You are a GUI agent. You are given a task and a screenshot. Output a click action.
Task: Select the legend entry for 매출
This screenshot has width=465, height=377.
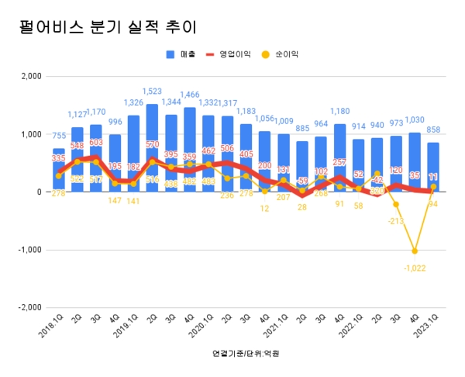[x=182, y=54]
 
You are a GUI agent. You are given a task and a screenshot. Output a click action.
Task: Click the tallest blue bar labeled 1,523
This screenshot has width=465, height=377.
[x=152, y=147]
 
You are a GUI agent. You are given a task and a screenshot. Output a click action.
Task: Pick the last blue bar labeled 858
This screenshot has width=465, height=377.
[x=432, y=167]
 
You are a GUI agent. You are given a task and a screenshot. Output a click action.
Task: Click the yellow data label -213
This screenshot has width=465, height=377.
[x=395, y=220]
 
